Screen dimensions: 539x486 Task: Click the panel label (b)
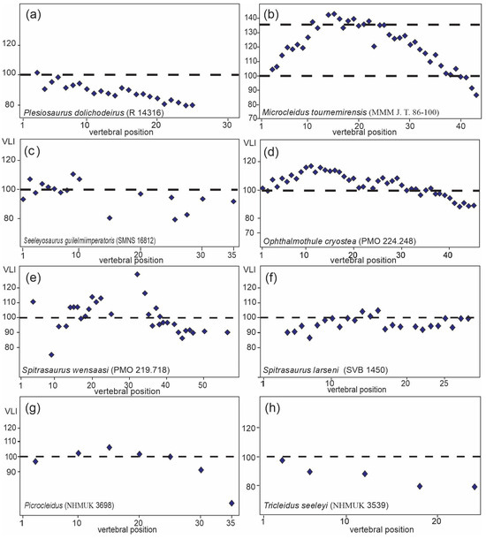pyautogui.click(x=276, y=15)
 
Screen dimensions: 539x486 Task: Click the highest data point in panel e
pyautogui.click(x=138, y=274)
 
